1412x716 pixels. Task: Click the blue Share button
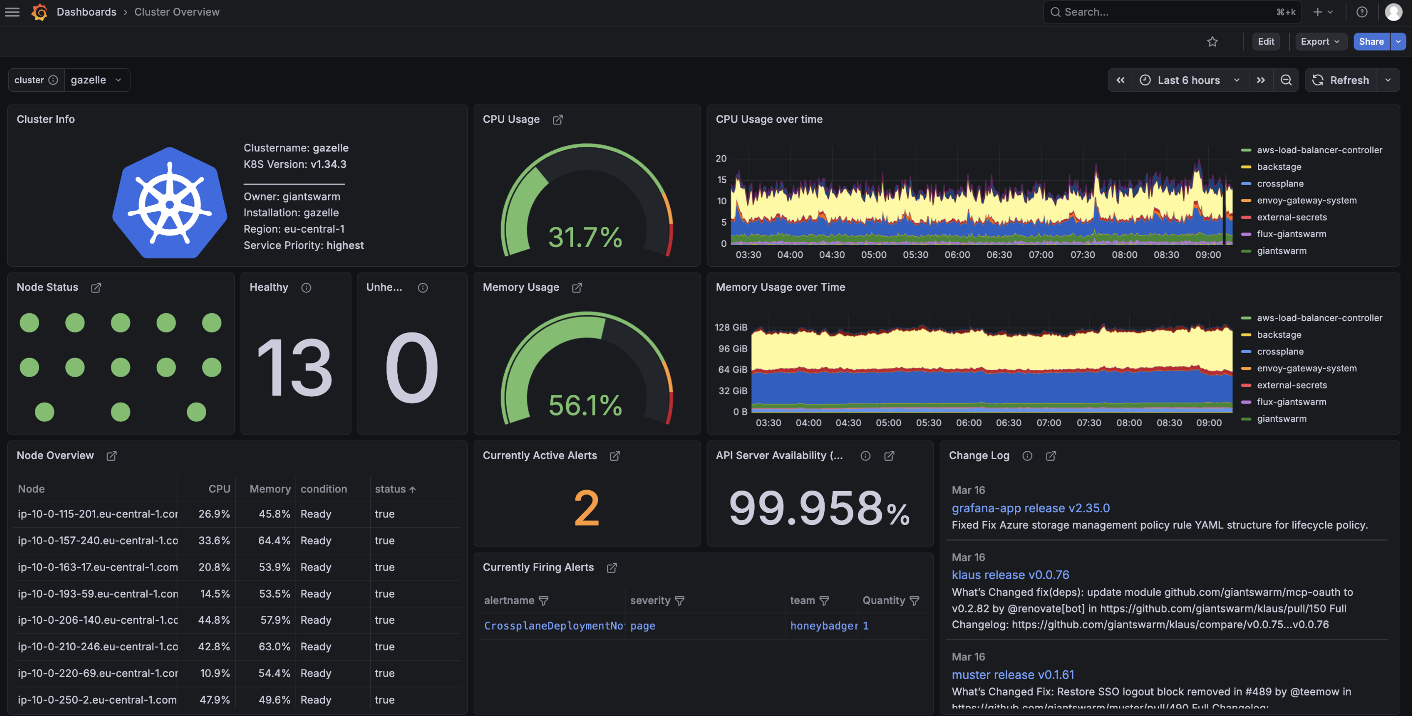(x=1370, y=42)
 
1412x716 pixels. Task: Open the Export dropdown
(x=1320, y=42)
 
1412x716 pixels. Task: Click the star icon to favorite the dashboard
(x=1212, y=42)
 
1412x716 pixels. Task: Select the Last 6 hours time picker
(x=1188, y=80)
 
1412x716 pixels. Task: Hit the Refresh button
(x=1341, y=80)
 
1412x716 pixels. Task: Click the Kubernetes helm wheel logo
(x=169, y=203)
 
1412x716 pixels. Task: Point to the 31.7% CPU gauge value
(x=585, y=237)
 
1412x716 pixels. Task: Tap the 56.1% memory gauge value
(x=585, y=405)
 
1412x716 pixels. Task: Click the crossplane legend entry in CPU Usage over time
(x=1280, y=184)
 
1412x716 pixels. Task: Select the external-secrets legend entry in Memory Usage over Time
(x=1291, y=385)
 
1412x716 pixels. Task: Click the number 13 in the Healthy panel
(x=295, y=367)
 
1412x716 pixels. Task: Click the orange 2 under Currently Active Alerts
(x=586, y=508)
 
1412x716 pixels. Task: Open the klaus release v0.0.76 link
(x=1010, y=575)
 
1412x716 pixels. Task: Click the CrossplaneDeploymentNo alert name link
(x=553, y=626)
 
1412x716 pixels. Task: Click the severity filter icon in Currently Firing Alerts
(x=679, y=601)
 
